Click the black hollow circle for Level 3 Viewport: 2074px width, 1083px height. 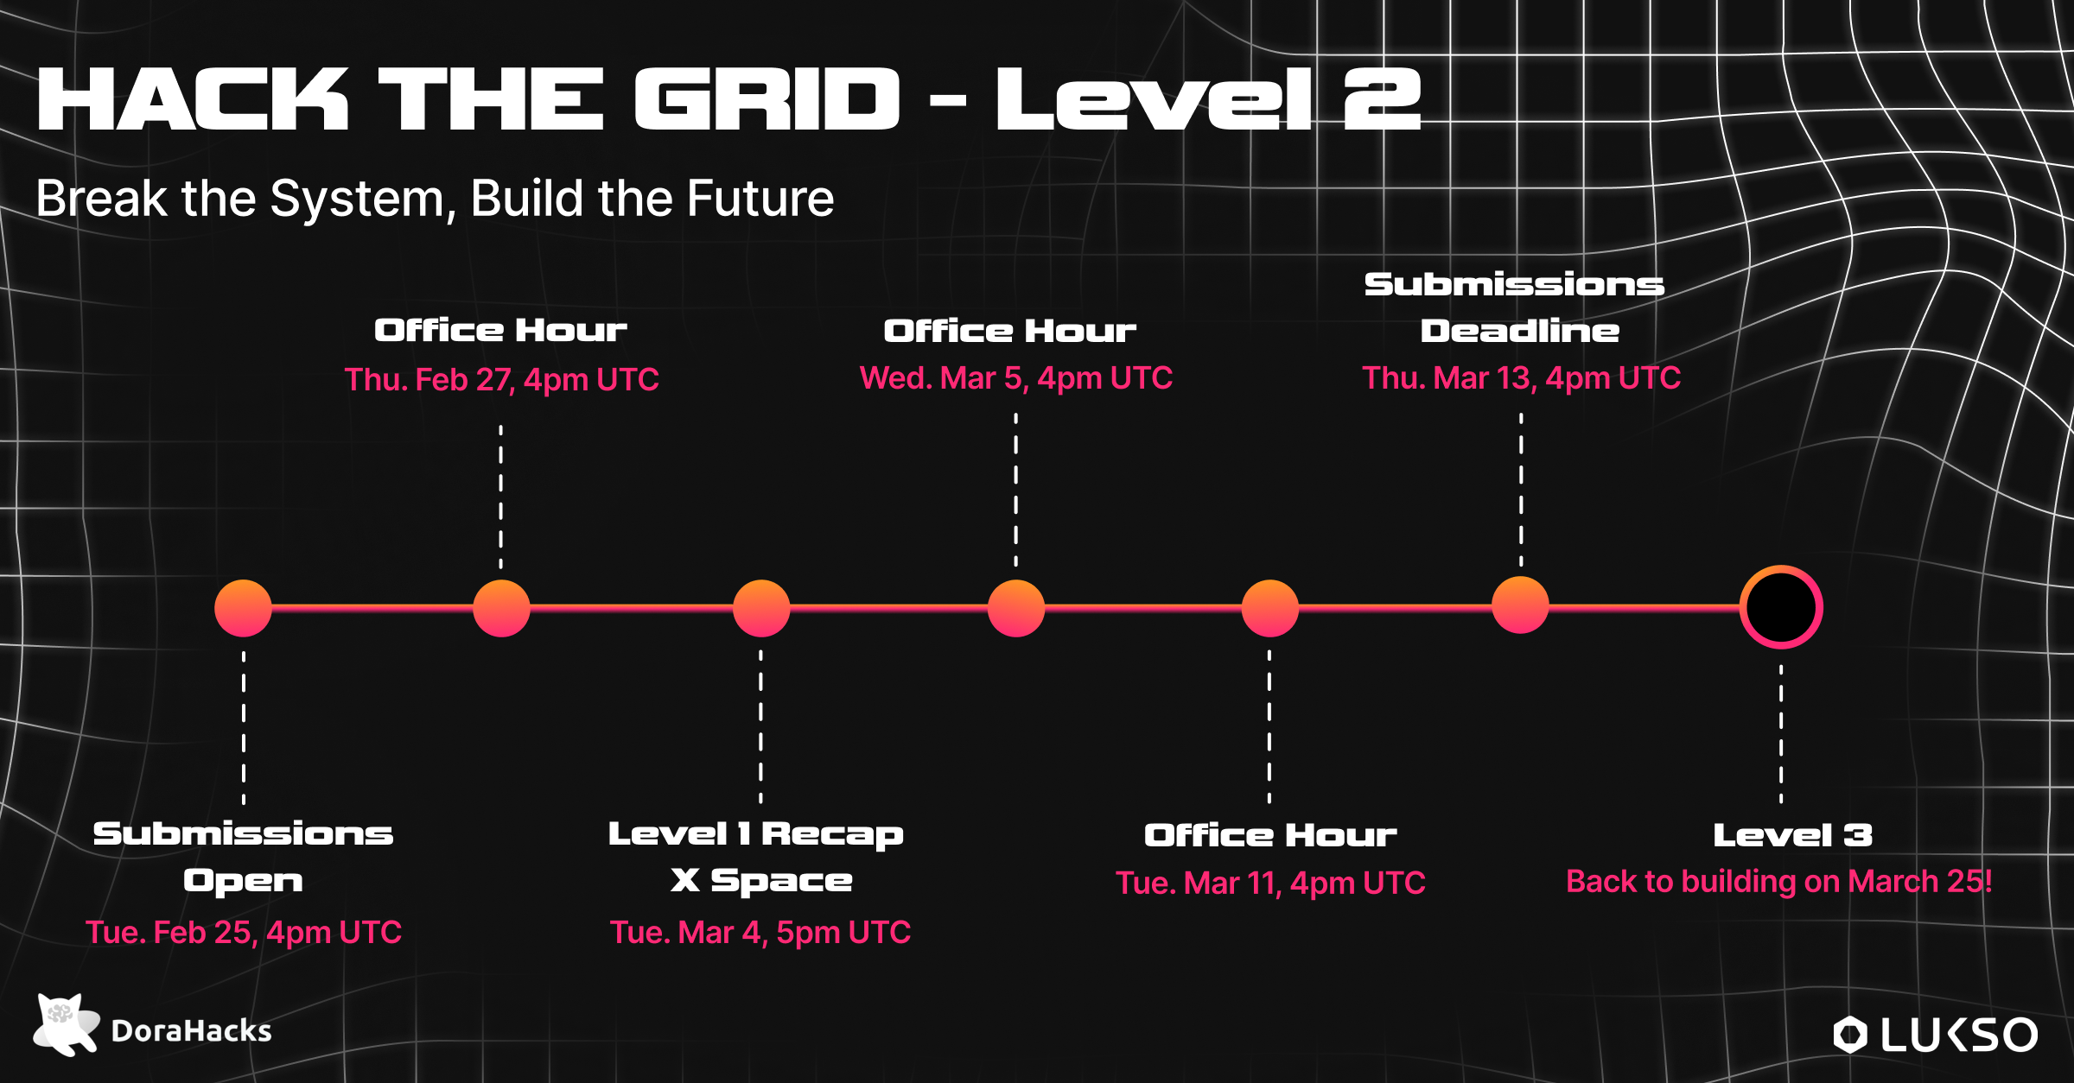1781,607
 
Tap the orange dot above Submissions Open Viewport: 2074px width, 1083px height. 243,608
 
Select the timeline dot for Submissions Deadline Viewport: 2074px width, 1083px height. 1520,605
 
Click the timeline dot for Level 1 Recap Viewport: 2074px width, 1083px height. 760,608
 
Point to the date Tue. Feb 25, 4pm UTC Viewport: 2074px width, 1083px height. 244,933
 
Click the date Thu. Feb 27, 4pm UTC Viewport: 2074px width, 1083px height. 501,379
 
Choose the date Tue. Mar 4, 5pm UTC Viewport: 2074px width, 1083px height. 760,933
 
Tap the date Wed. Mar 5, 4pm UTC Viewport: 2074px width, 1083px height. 1015,378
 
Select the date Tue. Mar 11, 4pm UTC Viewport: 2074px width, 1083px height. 1270,883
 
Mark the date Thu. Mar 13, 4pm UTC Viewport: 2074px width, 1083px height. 1521,378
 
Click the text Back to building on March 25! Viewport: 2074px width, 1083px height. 1779,882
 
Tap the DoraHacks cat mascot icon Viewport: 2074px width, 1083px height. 65,1025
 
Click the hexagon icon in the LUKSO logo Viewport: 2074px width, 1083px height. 1850,1035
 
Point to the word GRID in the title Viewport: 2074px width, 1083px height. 767,100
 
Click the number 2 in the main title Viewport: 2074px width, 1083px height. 1382,100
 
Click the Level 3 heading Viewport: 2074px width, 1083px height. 1793,835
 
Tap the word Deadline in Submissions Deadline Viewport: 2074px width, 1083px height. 1520,331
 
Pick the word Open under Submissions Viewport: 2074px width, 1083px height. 243,881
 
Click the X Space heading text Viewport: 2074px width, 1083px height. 761,881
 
